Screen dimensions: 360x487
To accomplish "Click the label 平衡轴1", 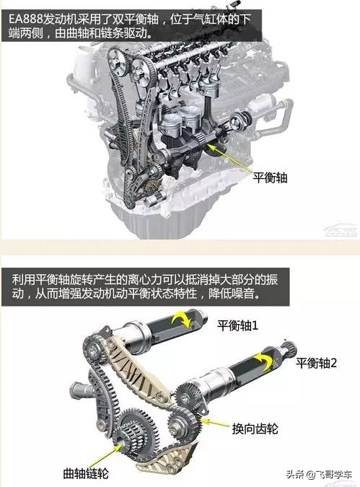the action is pos(237,325).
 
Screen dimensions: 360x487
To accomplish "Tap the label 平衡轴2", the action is pos(316,363).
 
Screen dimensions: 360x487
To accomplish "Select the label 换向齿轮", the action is pos(255,429).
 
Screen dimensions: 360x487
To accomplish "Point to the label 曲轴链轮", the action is pos(86,473).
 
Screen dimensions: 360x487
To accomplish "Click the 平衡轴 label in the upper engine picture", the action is pos(270,178).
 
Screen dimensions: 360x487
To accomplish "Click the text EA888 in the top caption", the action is pos(25,19).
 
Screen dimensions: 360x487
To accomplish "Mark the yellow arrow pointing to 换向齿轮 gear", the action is pos(215,423).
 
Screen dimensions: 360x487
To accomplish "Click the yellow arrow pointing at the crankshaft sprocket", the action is pos(107,455).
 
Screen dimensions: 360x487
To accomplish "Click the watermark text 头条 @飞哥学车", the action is pos(320,475).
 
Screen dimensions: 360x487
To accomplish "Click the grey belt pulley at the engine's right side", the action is pos(240,122).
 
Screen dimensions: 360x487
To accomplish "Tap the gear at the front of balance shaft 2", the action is pos(187,395).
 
